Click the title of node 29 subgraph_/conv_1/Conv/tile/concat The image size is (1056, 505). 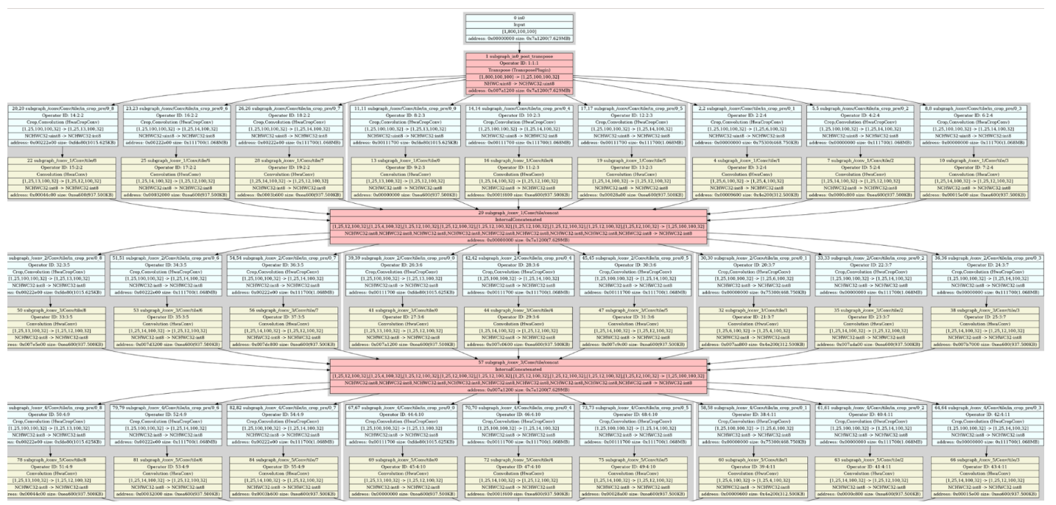(518, 211)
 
